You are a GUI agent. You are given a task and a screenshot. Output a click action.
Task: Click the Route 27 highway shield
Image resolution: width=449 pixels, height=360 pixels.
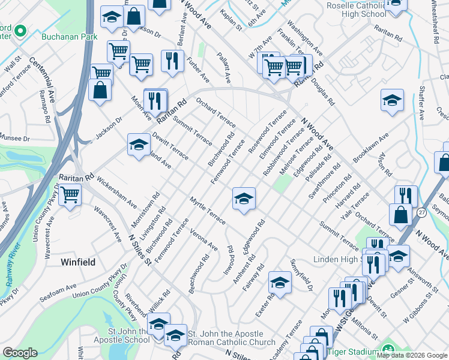422,213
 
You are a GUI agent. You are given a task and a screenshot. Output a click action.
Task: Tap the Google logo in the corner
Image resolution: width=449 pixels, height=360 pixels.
20,353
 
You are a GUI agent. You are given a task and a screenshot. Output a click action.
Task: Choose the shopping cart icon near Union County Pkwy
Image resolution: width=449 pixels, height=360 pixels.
70,195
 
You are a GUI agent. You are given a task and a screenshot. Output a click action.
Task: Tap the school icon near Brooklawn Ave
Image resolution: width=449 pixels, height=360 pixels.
391,100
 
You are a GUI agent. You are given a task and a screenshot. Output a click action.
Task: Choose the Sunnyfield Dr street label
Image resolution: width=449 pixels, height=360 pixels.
302,275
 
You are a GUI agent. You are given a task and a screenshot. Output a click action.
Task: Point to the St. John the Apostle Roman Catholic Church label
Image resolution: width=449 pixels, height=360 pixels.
226,338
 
